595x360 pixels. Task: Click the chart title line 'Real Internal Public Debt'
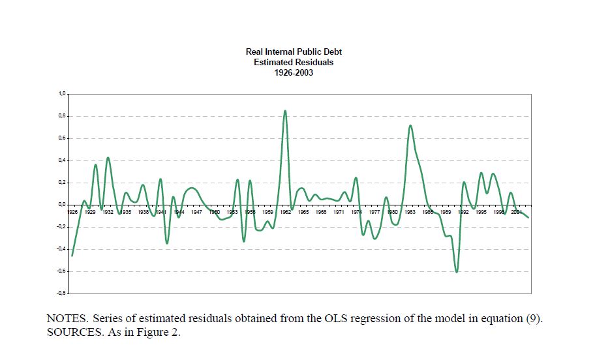pos(294,52)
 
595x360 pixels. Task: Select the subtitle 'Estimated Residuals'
pos(294,62)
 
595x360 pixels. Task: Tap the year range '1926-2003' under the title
pos(294,72)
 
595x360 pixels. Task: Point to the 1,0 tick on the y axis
pos(62,94)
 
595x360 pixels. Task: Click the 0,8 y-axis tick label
pos(62,116)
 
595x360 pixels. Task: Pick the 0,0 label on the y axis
pos(62,205)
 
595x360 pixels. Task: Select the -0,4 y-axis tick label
pos(61,249)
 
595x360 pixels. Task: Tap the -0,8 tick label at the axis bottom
pos(61,293)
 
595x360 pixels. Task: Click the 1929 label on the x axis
pos(90,212)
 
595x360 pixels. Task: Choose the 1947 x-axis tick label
pos(196,212)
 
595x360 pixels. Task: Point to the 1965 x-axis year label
pos(303,212)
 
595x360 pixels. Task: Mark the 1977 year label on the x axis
pos(374,212)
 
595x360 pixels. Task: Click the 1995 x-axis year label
pos(481,212)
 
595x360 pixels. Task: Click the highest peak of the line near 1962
pos(285,111)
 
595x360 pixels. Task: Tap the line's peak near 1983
pos(410,126)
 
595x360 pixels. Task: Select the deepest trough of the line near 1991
pos(457,271)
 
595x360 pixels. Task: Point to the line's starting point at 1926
pos(72,256)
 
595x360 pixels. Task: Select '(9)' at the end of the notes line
pos(534,320)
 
